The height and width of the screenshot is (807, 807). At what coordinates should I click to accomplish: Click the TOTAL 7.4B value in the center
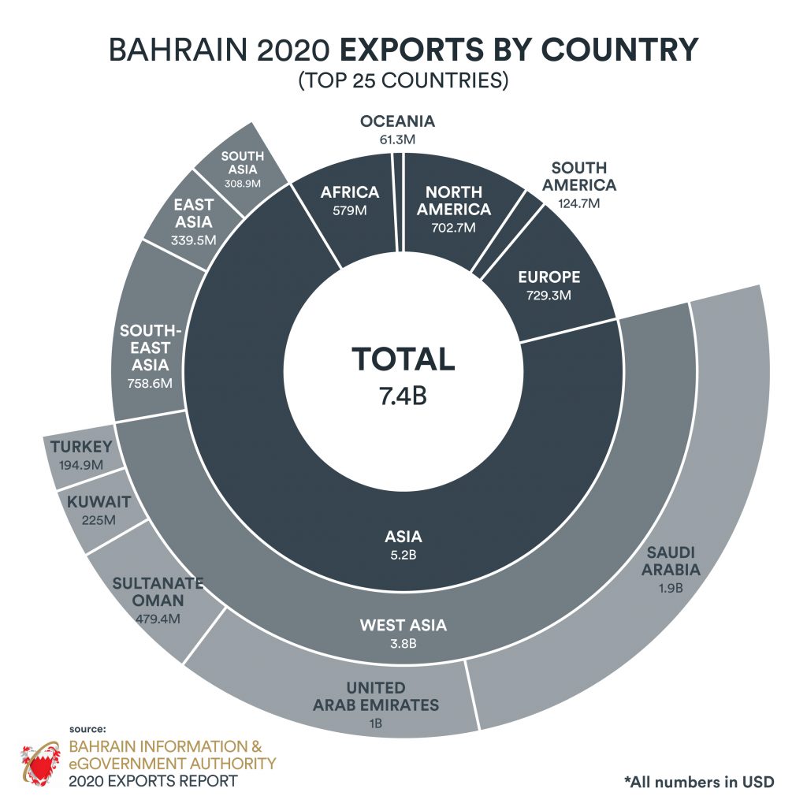(x=403, y=395)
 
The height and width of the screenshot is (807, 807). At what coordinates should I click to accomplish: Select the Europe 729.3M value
(x=549, y=296)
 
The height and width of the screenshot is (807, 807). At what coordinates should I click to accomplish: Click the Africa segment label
(x=350, y=192)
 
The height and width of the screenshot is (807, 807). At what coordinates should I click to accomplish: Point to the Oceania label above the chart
(x=397, y=122)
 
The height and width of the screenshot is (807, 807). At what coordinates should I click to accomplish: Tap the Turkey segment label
(x=81, y=448)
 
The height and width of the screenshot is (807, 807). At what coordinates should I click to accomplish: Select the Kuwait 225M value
(x=99, y=519)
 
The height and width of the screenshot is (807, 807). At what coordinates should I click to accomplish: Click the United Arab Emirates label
(x=376, y=697)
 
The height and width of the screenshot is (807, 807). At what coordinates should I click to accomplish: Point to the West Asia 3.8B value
(x=403, y=644)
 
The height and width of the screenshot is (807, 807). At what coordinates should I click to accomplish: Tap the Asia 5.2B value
(x=403, y=556)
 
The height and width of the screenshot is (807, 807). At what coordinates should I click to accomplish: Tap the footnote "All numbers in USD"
(x=699, y=782)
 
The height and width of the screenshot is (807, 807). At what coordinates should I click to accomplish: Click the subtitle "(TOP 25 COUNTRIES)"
(x=403, y=81)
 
